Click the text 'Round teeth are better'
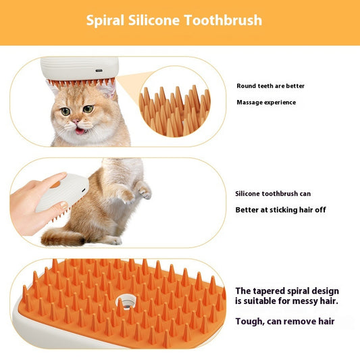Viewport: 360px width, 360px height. pos(270,86)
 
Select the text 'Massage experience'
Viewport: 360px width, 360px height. pos(266,103)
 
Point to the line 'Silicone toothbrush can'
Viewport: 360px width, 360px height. pos(273,194)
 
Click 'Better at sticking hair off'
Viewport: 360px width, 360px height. pos(280,210)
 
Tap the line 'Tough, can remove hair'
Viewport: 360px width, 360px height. pos(284,322)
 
